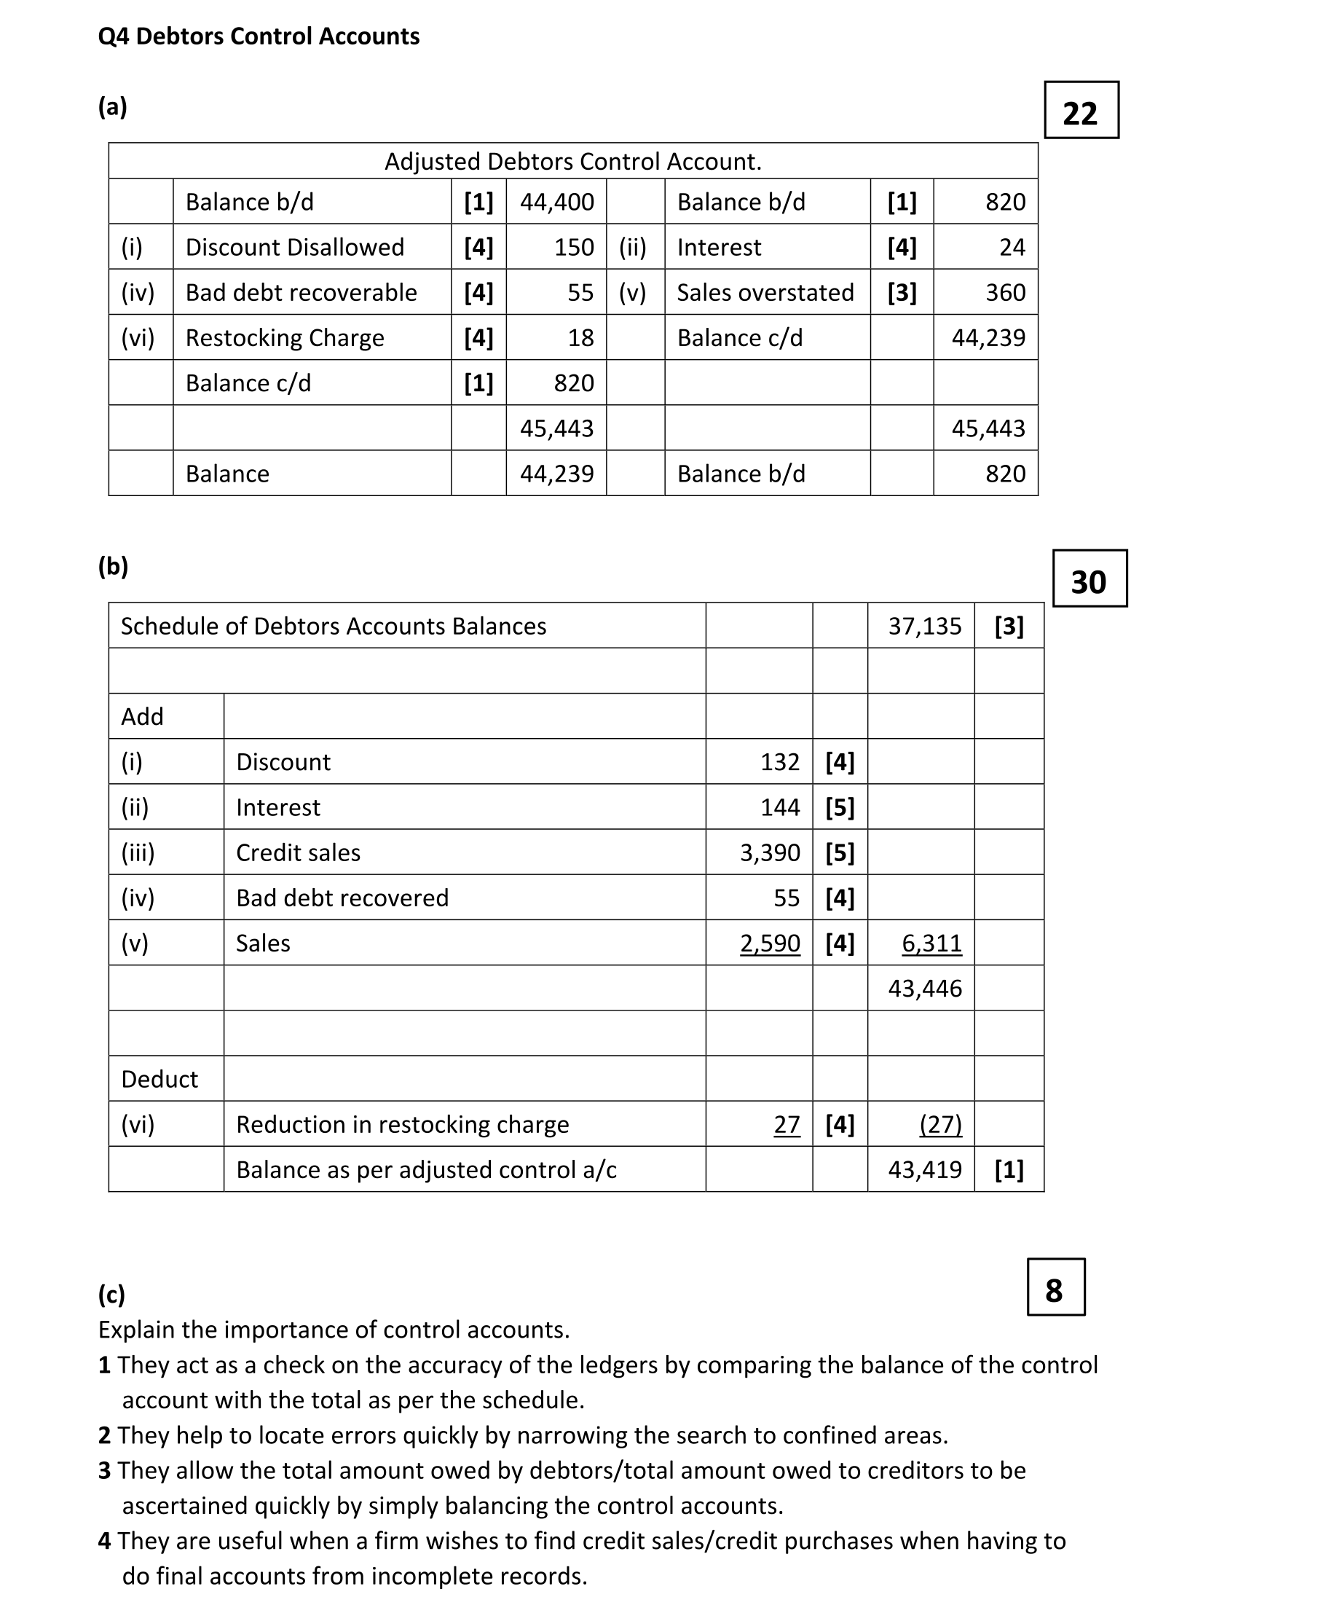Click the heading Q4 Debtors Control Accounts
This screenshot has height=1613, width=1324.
pos(259,36)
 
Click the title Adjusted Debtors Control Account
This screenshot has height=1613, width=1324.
pos(572,162)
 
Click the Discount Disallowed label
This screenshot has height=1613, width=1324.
pos(294,247)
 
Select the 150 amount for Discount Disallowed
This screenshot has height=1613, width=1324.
pos(574,247)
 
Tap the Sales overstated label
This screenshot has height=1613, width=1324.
pos(765,292)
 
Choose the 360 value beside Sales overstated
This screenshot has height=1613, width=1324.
pos(1005,292)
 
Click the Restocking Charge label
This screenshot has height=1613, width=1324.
pos(285,338)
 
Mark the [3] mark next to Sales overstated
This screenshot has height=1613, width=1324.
pos(902,292)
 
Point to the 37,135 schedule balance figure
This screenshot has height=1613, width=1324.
pos(924,627)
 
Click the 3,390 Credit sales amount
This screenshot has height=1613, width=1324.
pos(770,853)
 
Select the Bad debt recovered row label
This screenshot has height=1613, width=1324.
pos(342,898)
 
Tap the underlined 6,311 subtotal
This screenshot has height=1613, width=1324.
pos(931,943)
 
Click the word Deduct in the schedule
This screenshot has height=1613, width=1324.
pos(159,1080)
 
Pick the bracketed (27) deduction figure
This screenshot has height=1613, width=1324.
pos(940,1125)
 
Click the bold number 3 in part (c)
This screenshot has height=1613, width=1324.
pos(104,1470)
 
